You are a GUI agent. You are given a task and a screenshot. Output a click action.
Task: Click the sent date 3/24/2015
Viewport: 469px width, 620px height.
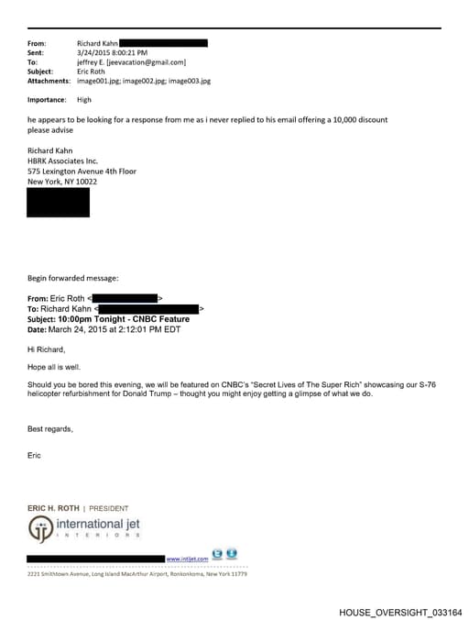tap(93, 53)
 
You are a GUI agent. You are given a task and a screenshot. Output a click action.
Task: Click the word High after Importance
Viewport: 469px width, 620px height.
tap(84, 99)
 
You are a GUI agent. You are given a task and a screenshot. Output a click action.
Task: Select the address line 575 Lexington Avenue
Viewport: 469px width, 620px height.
tap(82, 171)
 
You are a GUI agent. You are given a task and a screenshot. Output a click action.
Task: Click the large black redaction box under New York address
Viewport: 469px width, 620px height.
tap(59, 202)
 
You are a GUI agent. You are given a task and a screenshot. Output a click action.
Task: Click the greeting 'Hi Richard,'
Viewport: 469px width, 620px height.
tap(47, 349)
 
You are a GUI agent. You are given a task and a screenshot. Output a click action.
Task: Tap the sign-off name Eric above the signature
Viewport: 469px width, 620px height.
tap(35, 455)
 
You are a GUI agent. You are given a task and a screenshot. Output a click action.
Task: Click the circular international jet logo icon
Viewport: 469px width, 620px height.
tap(40, 530)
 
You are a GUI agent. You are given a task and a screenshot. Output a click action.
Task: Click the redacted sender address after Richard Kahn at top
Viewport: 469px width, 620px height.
tap(163, 43)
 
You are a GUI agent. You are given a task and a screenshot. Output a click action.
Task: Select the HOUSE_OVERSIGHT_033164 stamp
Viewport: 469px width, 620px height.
tap(400, 612)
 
